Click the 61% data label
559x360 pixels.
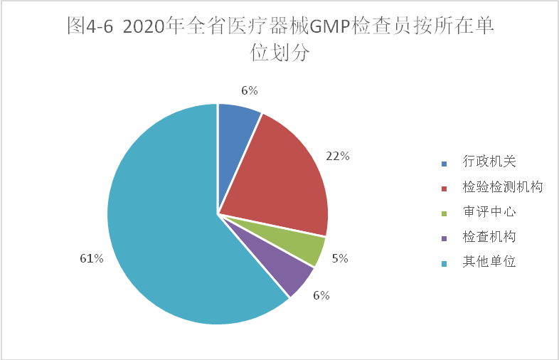point(92,258)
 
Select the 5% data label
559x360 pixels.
point(340,258)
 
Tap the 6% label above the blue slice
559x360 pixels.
point(249,90)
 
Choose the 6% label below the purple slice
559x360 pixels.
point(321,295)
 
